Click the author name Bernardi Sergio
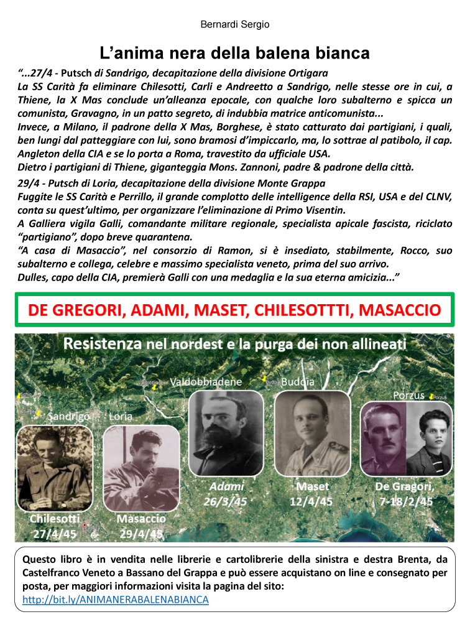pyautogui.click(x=235, y=25)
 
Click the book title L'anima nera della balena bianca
pyautogui.click(x=235, y=52)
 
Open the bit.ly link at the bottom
pyautogui.click(x=115, y=600)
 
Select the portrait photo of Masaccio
pyautogui.click(x=142, y=468)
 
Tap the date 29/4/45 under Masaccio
pyautogui.click(x=141, y=533)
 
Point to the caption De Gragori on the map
pyautogui.click(x=405, y=486)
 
